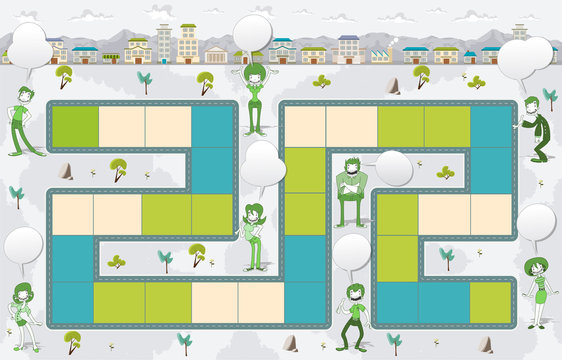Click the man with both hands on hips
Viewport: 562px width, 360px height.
[x=24, y=119]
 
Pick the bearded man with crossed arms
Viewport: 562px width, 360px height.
[x=350, y=190]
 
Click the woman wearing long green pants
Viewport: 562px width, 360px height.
[x=254, y=238]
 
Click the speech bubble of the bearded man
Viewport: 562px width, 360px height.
[x=392, y=168]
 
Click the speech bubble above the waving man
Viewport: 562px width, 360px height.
[x=351, y=252]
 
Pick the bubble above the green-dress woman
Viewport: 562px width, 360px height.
[x=537, y=222]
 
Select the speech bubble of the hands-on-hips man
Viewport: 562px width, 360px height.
[x=29, y=45]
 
